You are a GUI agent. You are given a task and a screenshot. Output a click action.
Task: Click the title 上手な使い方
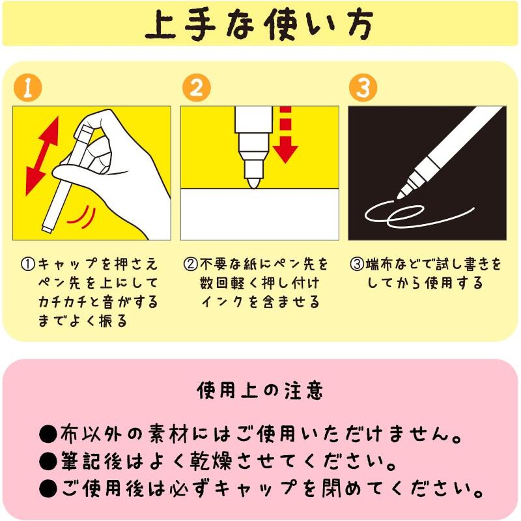(x=259, y=24)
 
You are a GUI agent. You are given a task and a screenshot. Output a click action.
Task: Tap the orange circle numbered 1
(x=28, y=88)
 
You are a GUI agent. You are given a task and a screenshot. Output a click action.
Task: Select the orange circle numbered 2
(x=197, y=88)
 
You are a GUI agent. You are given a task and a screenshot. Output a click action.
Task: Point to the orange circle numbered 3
(x=363, y=88)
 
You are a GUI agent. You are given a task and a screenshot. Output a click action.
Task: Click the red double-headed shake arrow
(x=42, y=156)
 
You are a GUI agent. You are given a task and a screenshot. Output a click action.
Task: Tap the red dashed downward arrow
(x=285, y=135)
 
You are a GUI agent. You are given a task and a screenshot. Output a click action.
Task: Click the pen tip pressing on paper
(x=253, y=182)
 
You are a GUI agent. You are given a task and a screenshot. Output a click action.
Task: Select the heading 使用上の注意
(x=260, y=391)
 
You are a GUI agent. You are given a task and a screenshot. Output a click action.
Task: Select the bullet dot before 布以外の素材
(x=48, y=434)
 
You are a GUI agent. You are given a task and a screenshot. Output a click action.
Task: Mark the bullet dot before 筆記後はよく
(x=48, y=462)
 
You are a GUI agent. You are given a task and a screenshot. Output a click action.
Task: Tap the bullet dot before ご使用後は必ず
(x=48, y=489)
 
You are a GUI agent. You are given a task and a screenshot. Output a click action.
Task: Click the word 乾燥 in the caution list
(x=210, y=461)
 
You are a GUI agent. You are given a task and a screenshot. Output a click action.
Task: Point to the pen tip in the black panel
(x=401, y=195)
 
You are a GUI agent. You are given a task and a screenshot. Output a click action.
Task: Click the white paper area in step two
(x=260, y=214)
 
